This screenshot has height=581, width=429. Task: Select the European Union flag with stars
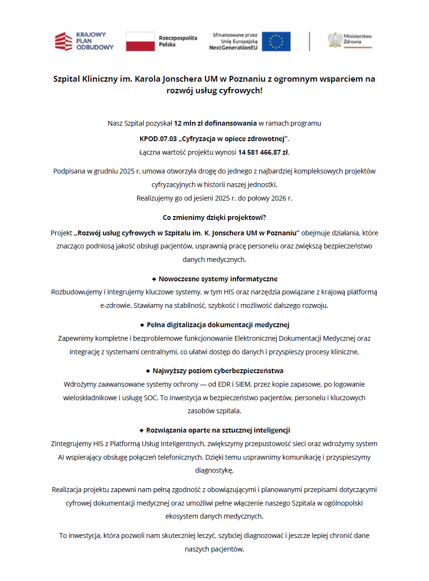coord(276,42)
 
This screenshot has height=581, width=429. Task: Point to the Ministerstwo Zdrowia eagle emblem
coord(334,40)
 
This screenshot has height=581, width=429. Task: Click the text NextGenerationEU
coord(233,48)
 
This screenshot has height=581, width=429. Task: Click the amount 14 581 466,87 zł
coord(263,152)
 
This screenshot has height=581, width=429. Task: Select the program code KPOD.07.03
coord(158,139)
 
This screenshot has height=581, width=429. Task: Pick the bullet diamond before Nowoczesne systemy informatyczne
coord(154,279)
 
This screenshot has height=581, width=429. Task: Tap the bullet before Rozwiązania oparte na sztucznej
coord(141,430)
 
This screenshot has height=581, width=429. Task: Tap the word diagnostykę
coord(214,470)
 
